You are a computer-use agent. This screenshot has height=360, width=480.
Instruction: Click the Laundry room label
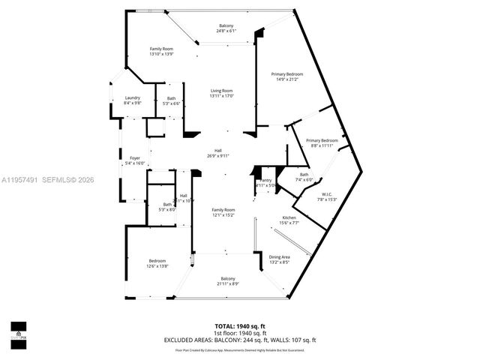point(133,98)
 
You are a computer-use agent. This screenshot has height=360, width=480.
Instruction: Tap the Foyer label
point(135,158)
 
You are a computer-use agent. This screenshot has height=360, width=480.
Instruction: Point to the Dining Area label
point(280,257)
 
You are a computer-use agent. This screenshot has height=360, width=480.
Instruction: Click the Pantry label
point(265,181)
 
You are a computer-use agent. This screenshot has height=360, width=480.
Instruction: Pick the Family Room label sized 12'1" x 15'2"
point(223,210)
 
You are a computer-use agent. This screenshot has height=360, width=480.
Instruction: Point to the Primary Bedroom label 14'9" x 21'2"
point(287,74)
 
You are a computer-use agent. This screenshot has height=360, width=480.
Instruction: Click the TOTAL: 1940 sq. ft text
point(240,326)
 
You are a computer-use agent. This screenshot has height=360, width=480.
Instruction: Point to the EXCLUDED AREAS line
point(240,340)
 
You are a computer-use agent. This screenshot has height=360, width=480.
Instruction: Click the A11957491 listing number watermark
point(20,179)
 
